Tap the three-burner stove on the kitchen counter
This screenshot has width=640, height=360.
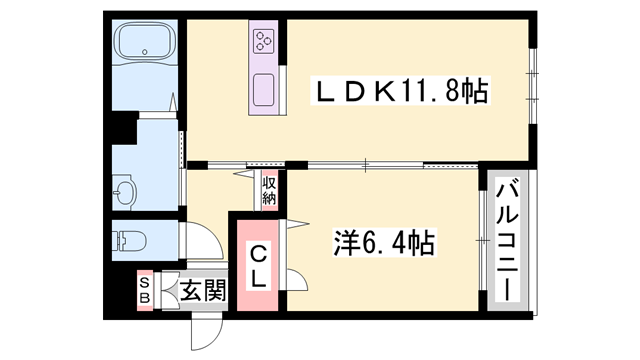tap(264, 41)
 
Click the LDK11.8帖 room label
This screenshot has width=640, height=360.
tap(401, 93)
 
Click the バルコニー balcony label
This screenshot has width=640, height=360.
tap(508, 239)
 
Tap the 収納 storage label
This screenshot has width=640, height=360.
tap(269, 189)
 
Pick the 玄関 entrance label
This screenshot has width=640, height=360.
tap(203, 291)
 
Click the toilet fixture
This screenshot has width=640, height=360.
tap(131, 240)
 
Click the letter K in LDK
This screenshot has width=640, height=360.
tap(384, 93)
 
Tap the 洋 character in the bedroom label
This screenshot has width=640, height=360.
tap(346, 242)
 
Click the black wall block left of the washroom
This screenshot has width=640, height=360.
tap(123, 129)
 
